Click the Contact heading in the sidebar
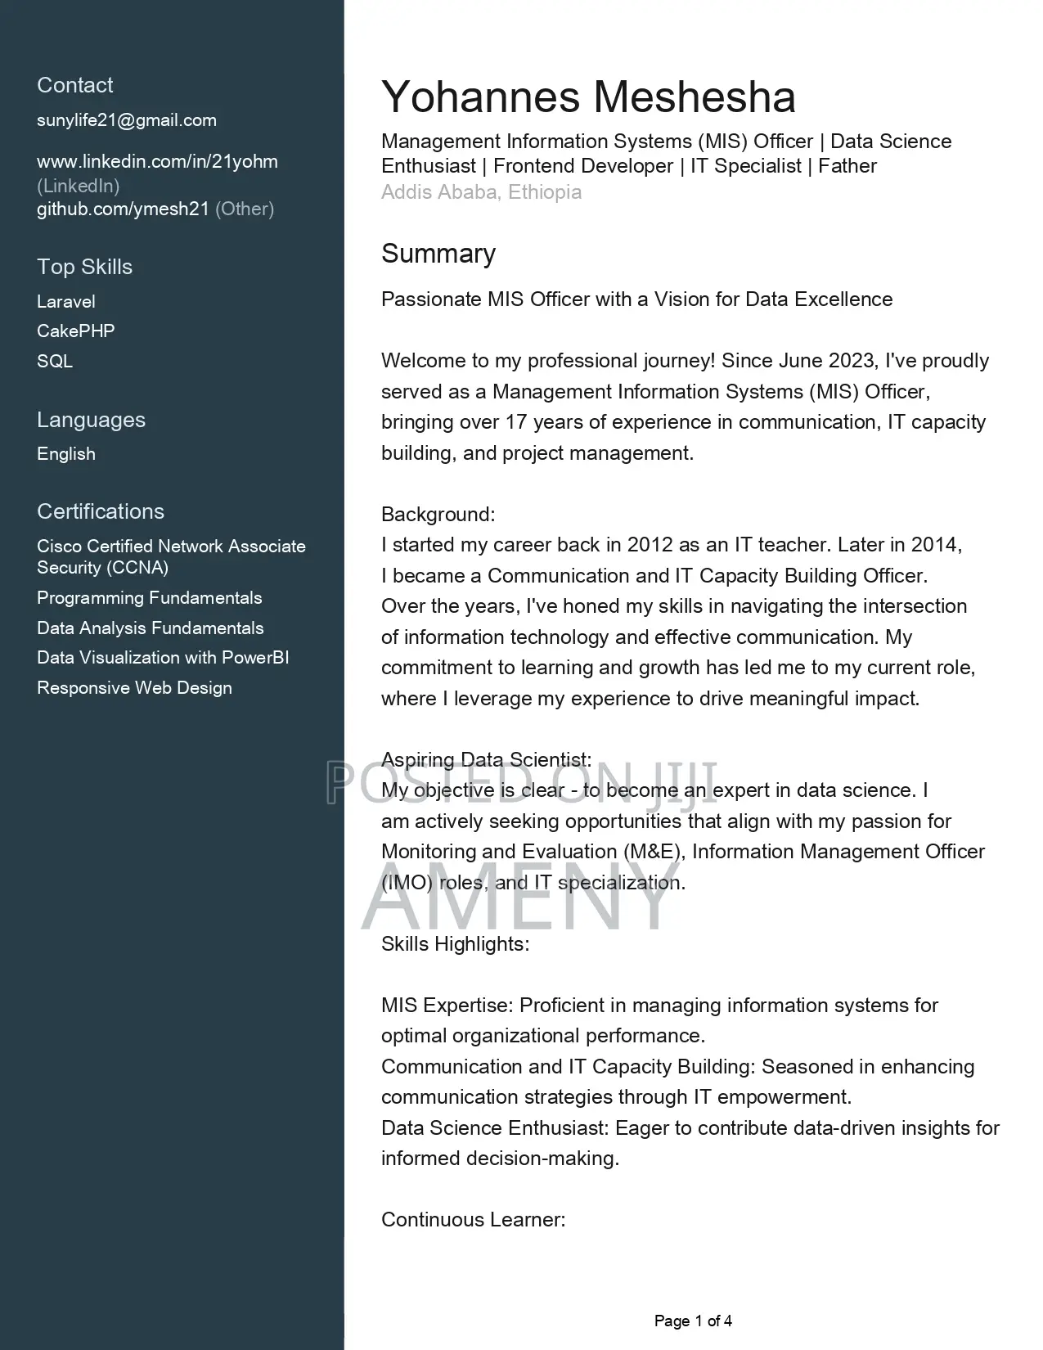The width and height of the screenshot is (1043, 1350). [x=74, y=85]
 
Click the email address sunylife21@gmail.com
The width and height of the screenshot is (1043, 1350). [x=127, y=120]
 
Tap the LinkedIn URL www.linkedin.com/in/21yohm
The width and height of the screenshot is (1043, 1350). [x=157, y=161]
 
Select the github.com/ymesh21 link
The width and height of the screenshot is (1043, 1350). [x=123, y=209]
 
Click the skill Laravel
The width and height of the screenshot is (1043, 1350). [x=66, y=301]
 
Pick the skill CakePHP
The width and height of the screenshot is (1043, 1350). [x=75, y=331]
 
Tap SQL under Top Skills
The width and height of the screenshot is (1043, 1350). [x=55, y=361]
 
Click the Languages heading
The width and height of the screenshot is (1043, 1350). [x=91, y=420]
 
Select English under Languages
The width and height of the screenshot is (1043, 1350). [x=66, y=454]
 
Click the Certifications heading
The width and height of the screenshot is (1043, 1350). [x=101, y=511]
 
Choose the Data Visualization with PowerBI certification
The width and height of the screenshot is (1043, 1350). [x=163, y=658]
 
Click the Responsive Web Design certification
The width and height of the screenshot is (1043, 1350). [x=134, y=688]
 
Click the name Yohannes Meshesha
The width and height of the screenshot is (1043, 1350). [x=588, y=97]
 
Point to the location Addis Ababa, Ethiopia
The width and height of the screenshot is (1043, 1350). [x=481, y=192]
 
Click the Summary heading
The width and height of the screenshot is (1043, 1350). [x=438, y=254]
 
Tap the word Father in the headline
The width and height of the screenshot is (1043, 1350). [x=847, y=166]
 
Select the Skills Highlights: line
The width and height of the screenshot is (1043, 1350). [x=455, y=944]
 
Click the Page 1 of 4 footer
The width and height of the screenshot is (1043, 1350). [x=693, y=1321]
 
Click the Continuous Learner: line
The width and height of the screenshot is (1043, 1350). [x=473, y=1220]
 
